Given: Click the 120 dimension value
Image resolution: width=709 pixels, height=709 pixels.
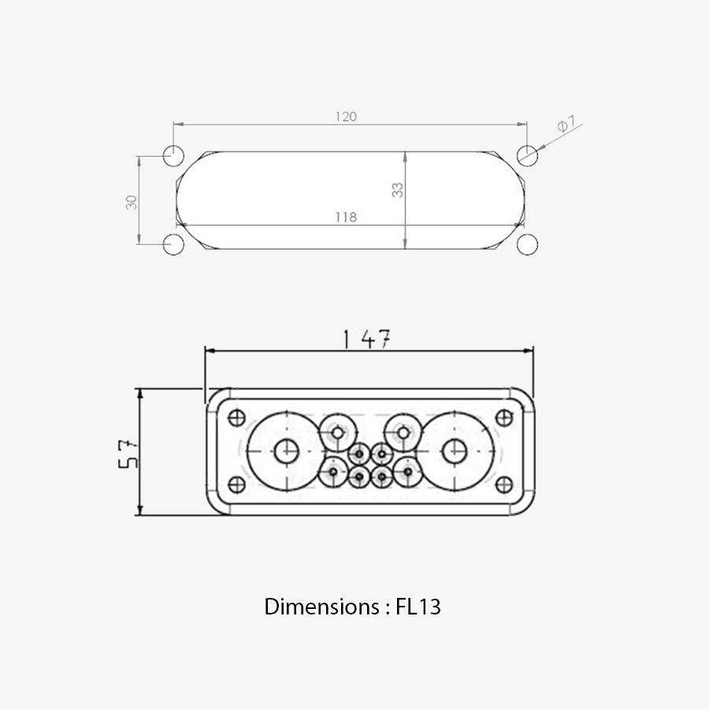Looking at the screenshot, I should [x=346, y=117].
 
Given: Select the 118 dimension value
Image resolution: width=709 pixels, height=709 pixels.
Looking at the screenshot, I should [x=345, y=217].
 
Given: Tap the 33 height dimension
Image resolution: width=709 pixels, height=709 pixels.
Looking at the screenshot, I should [x=398, y=190].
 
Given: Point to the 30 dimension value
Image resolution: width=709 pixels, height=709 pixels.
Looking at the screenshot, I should [x=132, y=202].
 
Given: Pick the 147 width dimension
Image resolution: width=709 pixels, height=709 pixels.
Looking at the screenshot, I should [x=367, y=339].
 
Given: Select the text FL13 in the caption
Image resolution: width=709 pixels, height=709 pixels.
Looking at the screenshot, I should [x=418, y=607].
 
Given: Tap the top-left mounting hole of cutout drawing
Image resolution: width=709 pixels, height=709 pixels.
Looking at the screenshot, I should [x=173, y=155].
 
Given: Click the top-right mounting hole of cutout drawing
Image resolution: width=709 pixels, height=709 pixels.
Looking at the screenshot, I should [x=527, y=155].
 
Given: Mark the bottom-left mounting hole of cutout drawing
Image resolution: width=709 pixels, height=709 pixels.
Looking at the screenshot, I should [x=173, y=244].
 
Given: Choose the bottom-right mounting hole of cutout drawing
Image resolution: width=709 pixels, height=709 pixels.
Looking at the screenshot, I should [x=527, y=244].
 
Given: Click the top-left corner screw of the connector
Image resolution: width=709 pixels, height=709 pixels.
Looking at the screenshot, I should [x=236, y=418].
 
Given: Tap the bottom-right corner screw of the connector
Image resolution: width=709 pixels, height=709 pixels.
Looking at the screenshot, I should [x=504, y=484].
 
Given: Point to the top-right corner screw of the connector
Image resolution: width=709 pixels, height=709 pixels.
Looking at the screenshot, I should [x=504, y=418].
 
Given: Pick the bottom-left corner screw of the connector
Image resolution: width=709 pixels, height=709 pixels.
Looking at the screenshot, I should [x=236, y=484].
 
